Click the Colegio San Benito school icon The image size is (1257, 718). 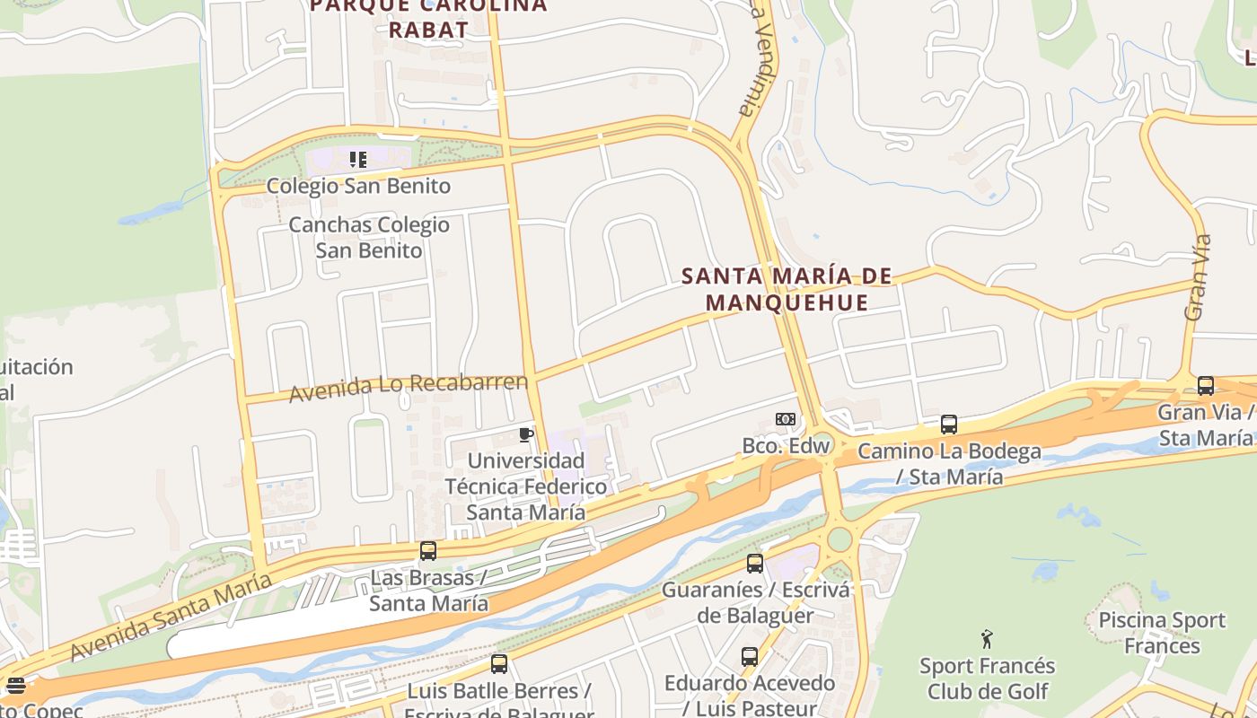coord(358,160)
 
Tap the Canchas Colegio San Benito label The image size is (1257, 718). coord(369,238)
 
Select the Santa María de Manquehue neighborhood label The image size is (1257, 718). coord(787,289)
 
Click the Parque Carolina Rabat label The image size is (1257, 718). coord(428,18)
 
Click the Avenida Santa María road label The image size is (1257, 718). coord(170,618)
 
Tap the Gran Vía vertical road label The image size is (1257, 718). coord(1198,278)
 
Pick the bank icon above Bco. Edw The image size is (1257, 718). coord(786,419)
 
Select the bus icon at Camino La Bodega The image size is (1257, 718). coord(949,425)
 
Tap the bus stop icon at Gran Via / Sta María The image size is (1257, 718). coord(1206,386)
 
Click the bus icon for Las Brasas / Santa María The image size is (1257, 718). coord(428,551)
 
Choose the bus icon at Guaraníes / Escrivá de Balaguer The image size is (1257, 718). coord(755,564)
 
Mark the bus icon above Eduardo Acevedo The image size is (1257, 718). coord(750,657)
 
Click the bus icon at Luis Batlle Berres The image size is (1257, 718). coord(499,664)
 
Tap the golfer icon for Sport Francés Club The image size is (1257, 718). coord(988,639)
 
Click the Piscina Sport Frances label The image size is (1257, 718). coord(1162,633)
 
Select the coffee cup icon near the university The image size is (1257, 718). coord(526,435)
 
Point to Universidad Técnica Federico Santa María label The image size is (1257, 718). coord(526,486)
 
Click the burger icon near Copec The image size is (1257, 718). coord(16,687)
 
